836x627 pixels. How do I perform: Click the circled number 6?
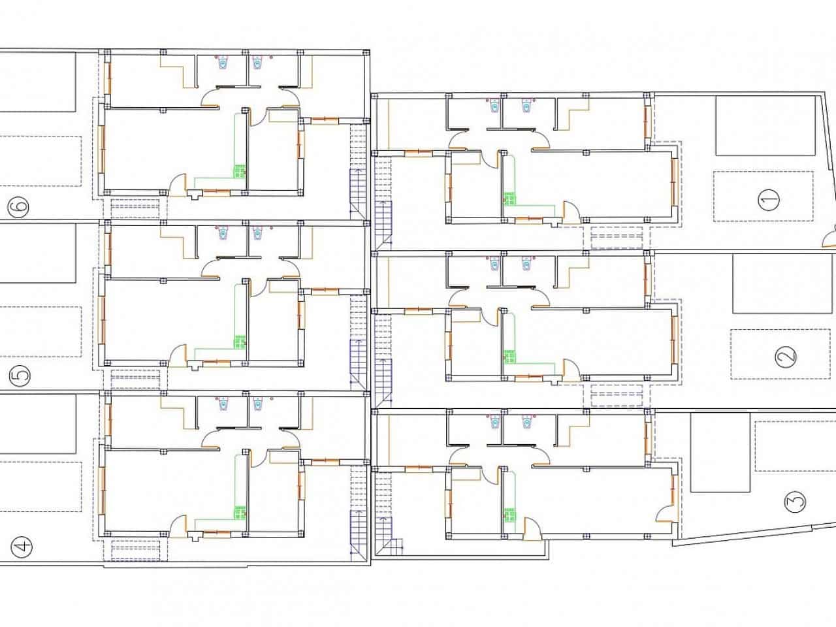click(x=18, y=208)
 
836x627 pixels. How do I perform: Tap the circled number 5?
click(x=20, y=376)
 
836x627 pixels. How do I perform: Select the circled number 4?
click(x=22, y=547)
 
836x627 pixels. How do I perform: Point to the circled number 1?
click(x=769, y=200)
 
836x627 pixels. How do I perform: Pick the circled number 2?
click(x=786, y=357)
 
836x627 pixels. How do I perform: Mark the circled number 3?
click(x=796, y=502)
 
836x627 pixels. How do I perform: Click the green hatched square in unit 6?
click(x=240, y=171)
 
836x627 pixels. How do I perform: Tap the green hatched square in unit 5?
click(x=240, y=342)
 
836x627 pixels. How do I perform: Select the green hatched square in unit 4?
click(x=240, y=513)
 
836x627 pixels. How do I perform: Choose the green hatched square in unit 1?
click(x=510, y=199)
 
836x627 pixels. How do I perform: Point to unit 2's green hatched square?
click(x=510, y=357)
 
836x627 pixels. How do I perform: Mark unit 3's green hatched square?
click(x=510, y=515)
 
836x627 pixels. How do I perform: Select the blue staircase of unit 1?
click(x=383, y=225)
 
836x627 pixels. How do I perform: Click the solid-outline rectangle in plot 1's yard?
click(x=765, y=125)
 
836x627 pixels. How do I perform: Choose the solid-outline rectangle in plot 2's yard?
click(x=782, y=283)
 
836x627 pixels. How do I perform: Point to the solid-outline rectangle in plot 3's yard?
click(x=720, y=452)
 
